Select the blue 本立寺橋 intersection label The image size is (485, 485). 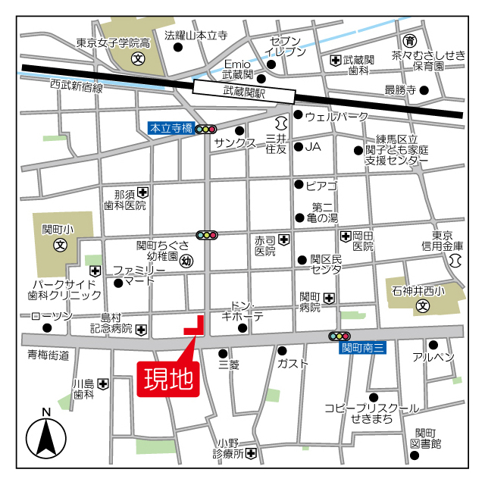click(x=171, y=129)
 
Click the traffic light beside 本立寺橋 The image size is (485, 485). click(x=206, y=130)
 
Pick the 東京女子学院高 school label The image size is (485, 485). click(x=114, y=43)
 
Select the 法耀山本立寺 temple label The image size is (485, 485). click(x=196, y=35)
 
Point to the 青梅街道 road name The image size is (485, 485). click(x=48, y=355)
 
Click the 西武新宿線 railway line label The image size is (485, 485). click(x=77, y=87)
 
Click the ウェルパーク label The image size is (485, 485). click(x=336, y=116)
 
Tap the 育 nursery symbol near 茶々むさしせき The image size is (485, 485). click(x=410, y=40)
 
